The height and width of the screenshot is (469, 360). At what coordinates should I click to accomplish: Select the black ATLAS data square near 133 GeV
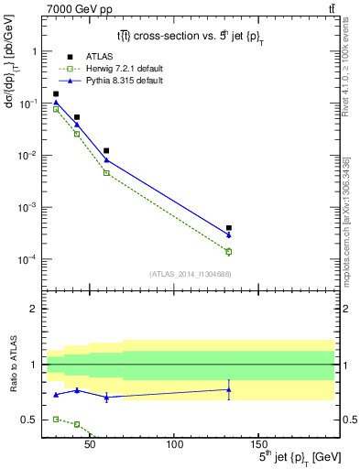(x=229, y=228)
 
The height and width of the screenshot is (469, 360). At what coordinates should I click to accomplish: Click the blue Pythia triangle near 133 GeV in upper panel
(x=229, y=235)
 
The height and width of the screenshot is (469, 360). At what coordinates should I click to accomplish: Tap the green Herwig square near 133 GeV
(x=229, y=251)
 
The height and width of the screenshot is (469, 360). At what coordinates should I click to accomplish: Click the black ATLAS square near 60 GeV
(x=106, y=150)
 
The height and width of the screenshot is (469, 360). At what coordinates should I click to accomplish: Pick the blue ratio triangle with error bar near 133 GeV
(x=229, y=389)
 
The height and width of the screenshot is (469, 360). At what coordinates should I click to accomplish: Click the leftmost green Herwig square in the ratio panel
(x=56, y=419)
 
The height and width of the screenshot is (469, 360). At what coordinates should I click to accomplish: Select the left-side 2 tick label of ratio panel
(x=33, y=309)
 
